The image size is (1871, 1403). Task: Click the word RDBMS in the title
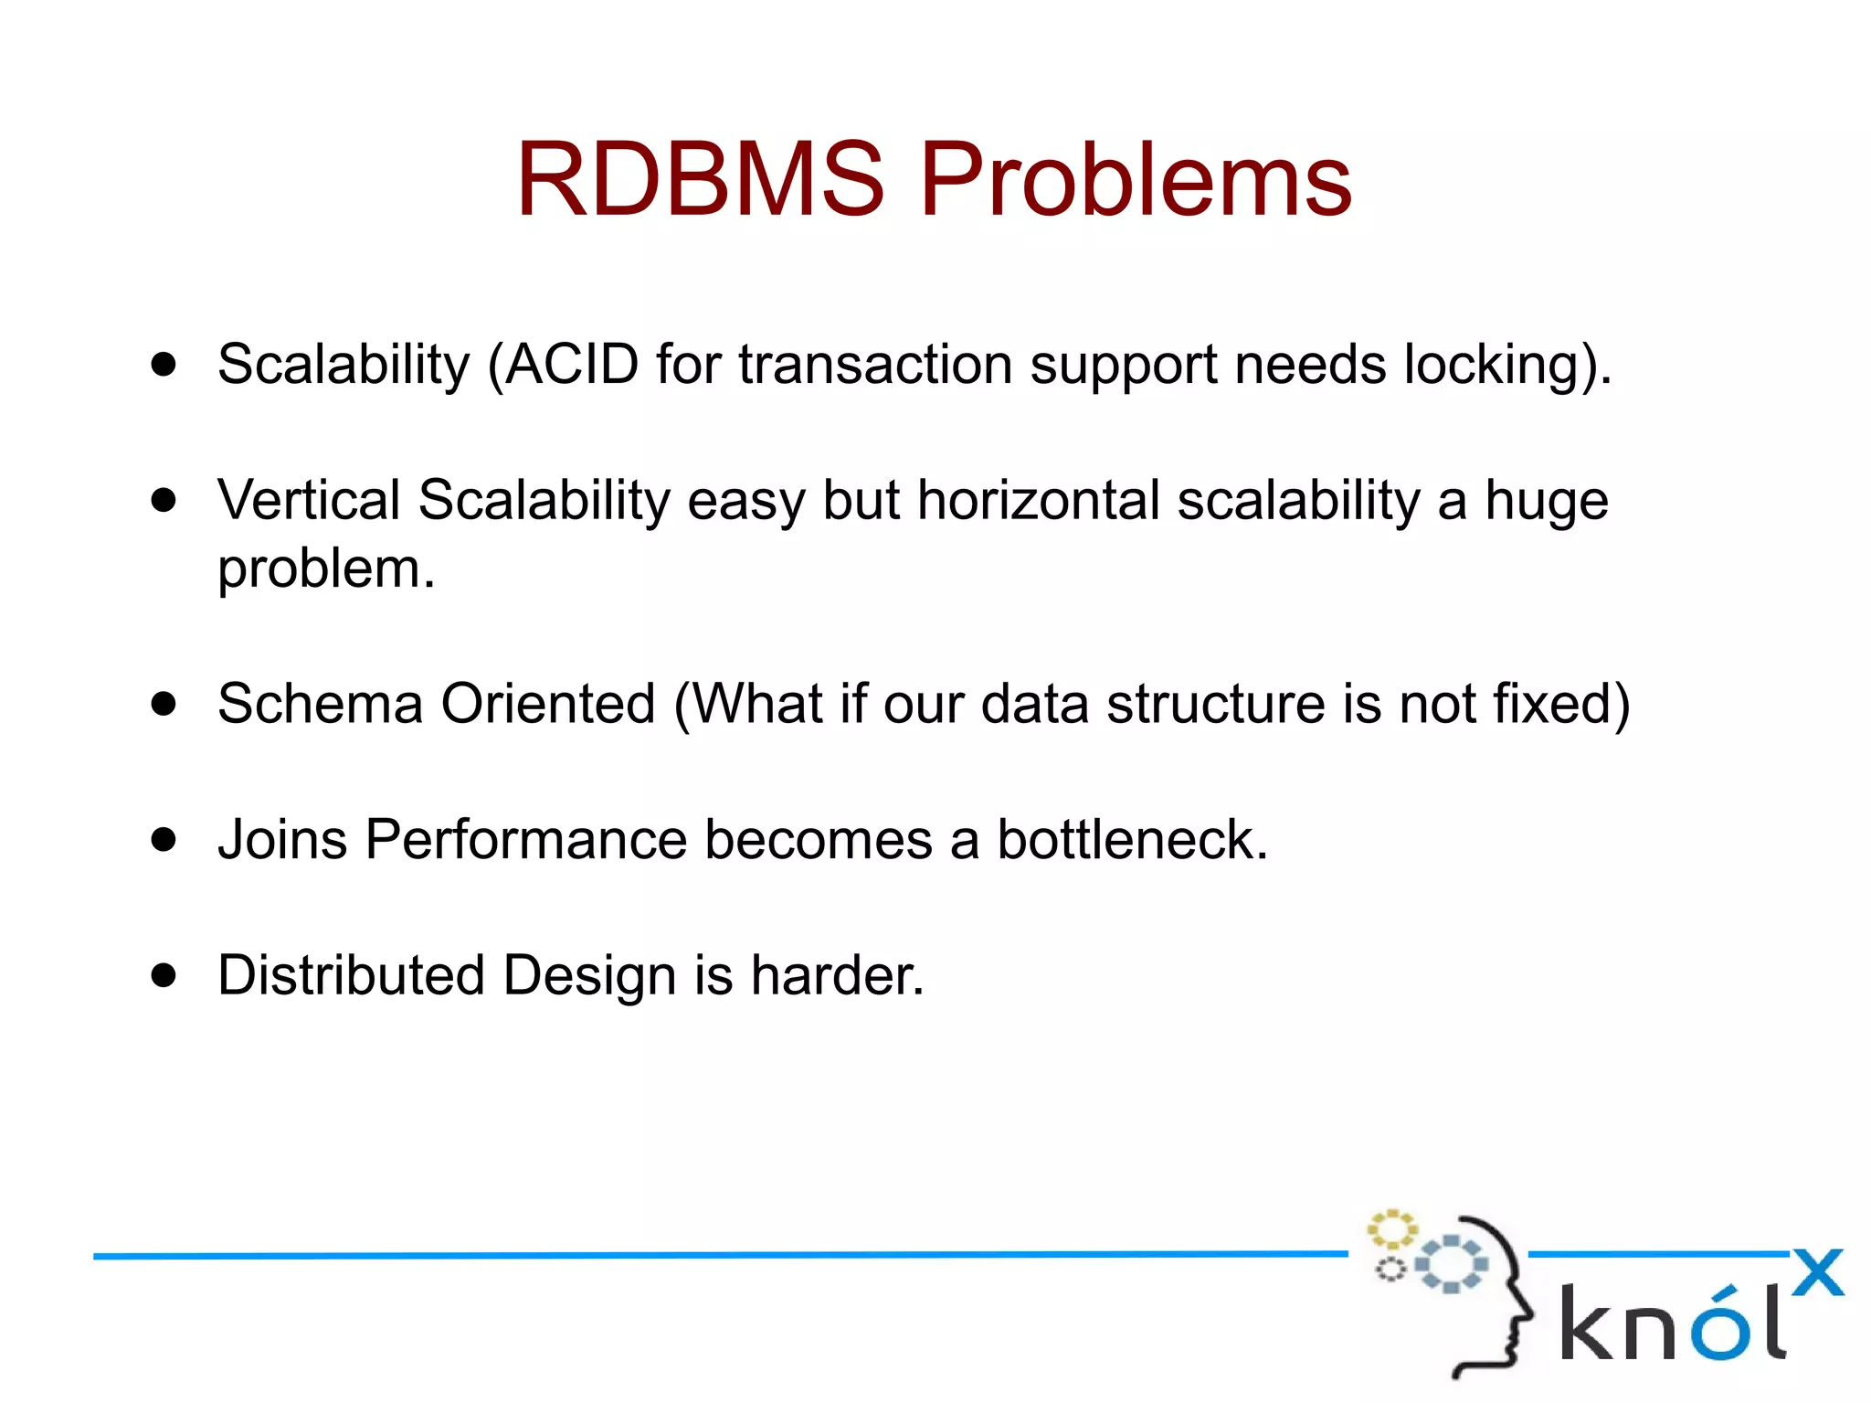(701, 180)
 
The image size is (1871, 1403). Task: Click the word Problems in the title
(1136, 180)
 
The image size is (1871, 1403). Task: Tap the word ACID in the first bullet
(571, 364)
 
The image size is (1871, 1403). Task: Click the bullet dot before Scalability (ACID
(164, 365)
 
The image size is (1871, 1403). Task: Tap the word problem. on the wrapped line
(326, 570)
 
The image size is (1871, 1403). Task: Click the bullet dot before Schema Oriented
(164, 704)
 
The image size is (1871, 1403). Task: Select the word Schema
(320, 704)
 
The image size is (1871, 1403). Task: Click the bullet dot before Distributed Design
(164, 974)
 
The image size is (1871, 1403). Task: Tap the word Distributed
(351, 974)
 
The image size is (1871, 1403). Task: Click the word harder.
(837, 974)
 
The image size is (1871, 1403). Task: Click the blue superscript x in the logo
(1817, 1272)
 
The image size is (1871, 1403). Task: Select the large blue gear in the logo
(1451, 1264)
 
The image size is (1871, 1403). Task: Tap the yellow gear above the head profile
(1391, 1229)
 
